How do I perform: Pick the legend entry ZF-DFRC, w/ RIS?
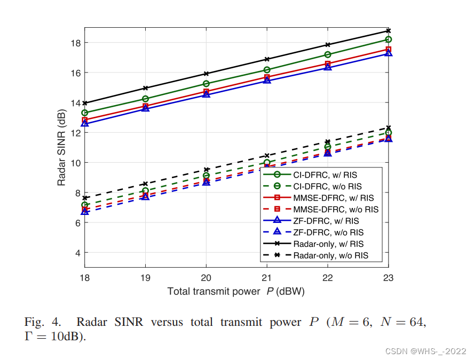tap(326, 221)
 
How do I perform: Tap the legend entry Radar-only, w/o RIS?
tap(330, 256)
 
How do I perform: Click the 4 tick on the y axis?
tap(76, 253)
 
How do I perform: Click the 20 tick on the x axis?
tap(206, 277)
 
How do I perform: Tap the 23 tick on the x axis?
tap(388, 277)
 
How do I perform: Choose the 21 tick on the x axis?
tap(267, 277)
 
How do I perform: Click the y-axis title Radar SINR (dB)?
tap(62, 147)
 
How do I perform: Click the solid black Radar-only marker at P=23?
tap(389, 31)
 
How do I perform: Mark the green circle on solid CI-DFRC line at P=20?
tap(206, 84)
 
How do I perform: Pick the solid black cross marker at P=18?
tap(85, 103)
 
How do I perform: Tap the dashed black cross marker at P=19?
tap(145, 183)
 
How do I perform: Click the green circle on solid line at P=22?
tap(328, 54)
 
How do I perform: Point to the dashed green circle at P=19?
tap(145, 191)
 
